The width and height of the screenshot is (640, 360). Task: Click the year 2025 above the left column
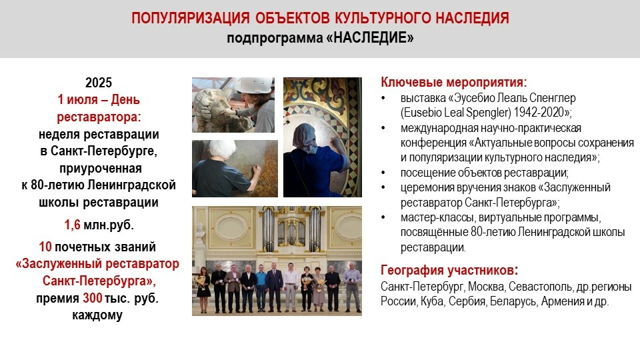point(99,83)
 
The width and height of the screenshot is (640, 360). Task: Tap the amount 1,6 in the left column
point(72,225)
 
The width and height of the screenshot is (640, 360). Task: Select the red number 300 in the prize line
point(93,298)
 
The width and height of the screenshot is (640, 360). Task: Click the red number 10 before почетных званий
point(45,247)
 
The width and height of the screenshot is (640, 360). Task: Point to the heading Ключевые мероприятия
point(454,82)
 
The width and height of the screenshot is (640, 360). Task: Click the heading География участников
point(449,270)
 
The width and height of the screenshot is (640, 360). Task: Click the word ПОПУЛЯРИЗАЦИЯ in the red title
point(190,19)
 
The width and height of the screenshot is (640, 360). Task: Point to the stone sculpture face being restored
point(212,109)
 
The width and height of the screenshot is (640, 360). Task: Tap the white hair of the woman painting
point(223,151)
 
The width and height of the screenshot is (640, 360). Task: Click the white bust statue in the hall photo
point(200,231)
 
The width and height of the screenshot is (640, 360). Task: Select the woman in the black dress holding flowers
point(203,289)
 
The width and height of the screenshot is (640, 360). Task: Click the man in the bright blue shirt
point(261,287)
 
